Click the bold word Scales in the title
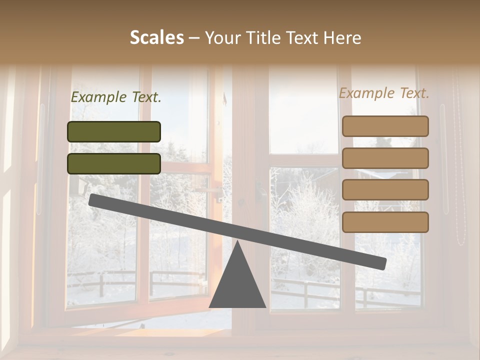156,38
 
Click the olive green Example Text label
116,97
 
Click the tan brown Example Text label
384,93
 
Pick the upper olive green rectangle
114,131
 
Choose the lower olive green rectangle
114,163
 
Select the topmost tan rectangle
385,126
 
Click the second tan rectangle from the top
385,158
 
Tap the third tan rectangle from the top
385,190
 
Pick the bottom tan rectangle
385,222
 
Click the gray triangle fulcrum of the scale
237,282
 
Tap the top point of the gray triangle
237,242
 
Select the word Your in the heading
222,38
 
